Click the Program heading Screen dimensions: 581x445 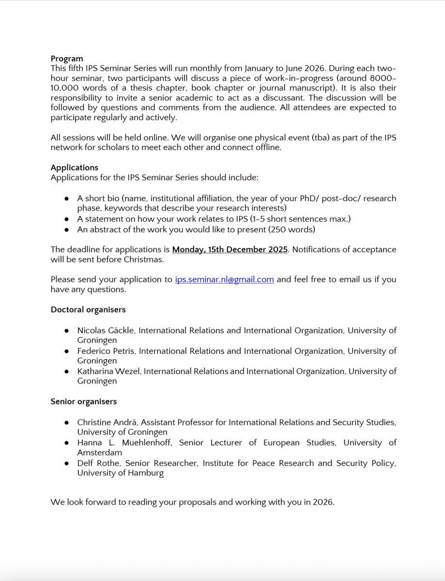point(67,59)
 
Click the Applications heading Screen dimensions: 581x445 point(75,168)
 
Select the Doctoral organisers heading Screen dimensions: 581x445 point(88,309)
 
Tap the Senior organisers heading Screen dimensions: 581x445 point(83,401)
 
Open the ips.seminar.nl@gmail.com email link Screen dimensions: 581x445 point(224,280)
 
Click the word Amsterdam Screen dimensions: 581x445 point(99,453)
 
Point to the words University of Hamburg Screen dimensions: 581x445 point(120,473)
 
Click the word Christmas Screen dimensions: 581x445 point(145,260)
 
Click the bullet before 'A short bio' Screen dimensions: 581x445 point(66,199)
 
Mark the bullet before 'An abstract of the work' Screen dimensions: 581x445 point(66,229)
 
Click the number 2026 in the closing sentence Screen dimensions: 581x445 point(322,502)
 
